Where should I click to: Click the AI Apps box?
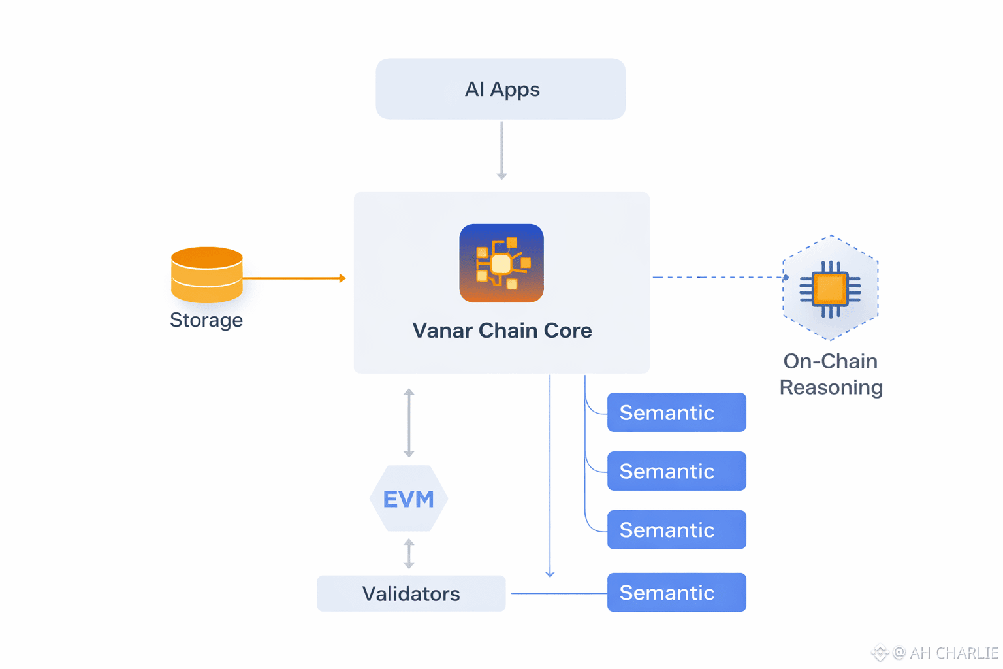500,89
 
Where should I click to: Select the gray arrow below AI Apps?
501,150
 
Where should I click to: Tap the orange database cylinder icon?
206,274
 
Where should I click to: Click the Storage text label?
206,320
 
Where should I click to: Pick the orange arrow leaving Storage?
294,278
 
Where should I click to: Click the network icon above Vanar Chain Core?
501,263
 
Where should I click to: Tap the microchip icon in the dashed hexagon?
830,288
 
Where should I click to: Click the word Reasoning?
831,387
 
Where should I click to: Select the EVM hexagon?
409,498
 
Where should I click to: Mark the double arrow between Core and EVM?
409,423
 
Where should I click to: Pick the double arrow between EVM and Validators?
409,553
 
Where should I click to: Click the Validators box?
411,593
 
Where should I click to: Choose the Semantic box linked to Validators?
677,593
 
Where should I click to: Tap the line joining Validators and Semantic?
559,593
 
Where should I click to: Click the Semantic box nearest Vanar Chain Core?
677,412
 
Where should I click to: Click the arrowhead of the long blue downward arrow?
550,574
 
